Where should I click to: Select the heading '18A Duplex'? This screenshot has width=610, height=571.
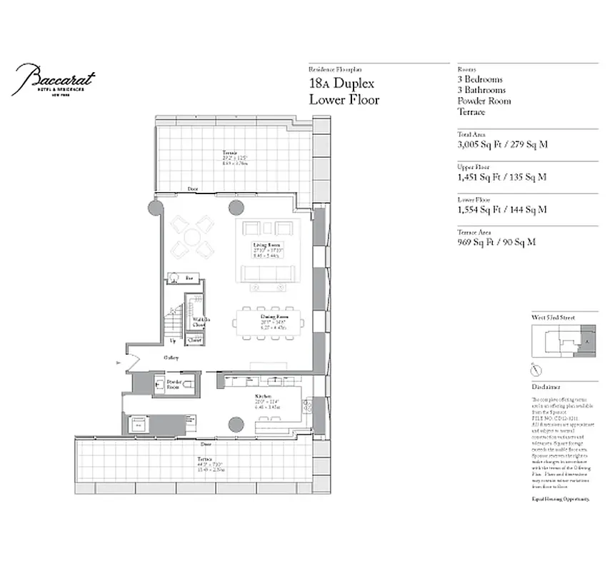click(x=344, y=84)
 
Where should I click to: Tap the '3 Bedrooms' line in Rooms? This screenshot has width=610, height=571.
click(x=480, y=80)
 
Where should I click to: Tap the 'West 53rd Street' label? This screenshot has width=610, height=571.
click(x=554, y=317)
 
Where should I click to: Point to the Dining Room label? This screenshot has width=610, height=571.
click(x=269, y=321)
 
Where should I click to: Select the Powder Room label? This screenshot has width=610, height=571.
click(x=174, y=383)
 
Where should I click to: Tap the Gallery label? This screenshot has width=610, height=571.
click(x=171, y=358)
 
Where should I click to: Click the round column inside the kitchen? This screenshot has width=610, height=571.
click(x=237, y=425)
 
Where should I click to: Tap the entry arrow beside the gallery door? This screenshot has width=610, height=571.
click(x=119, y=363)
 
